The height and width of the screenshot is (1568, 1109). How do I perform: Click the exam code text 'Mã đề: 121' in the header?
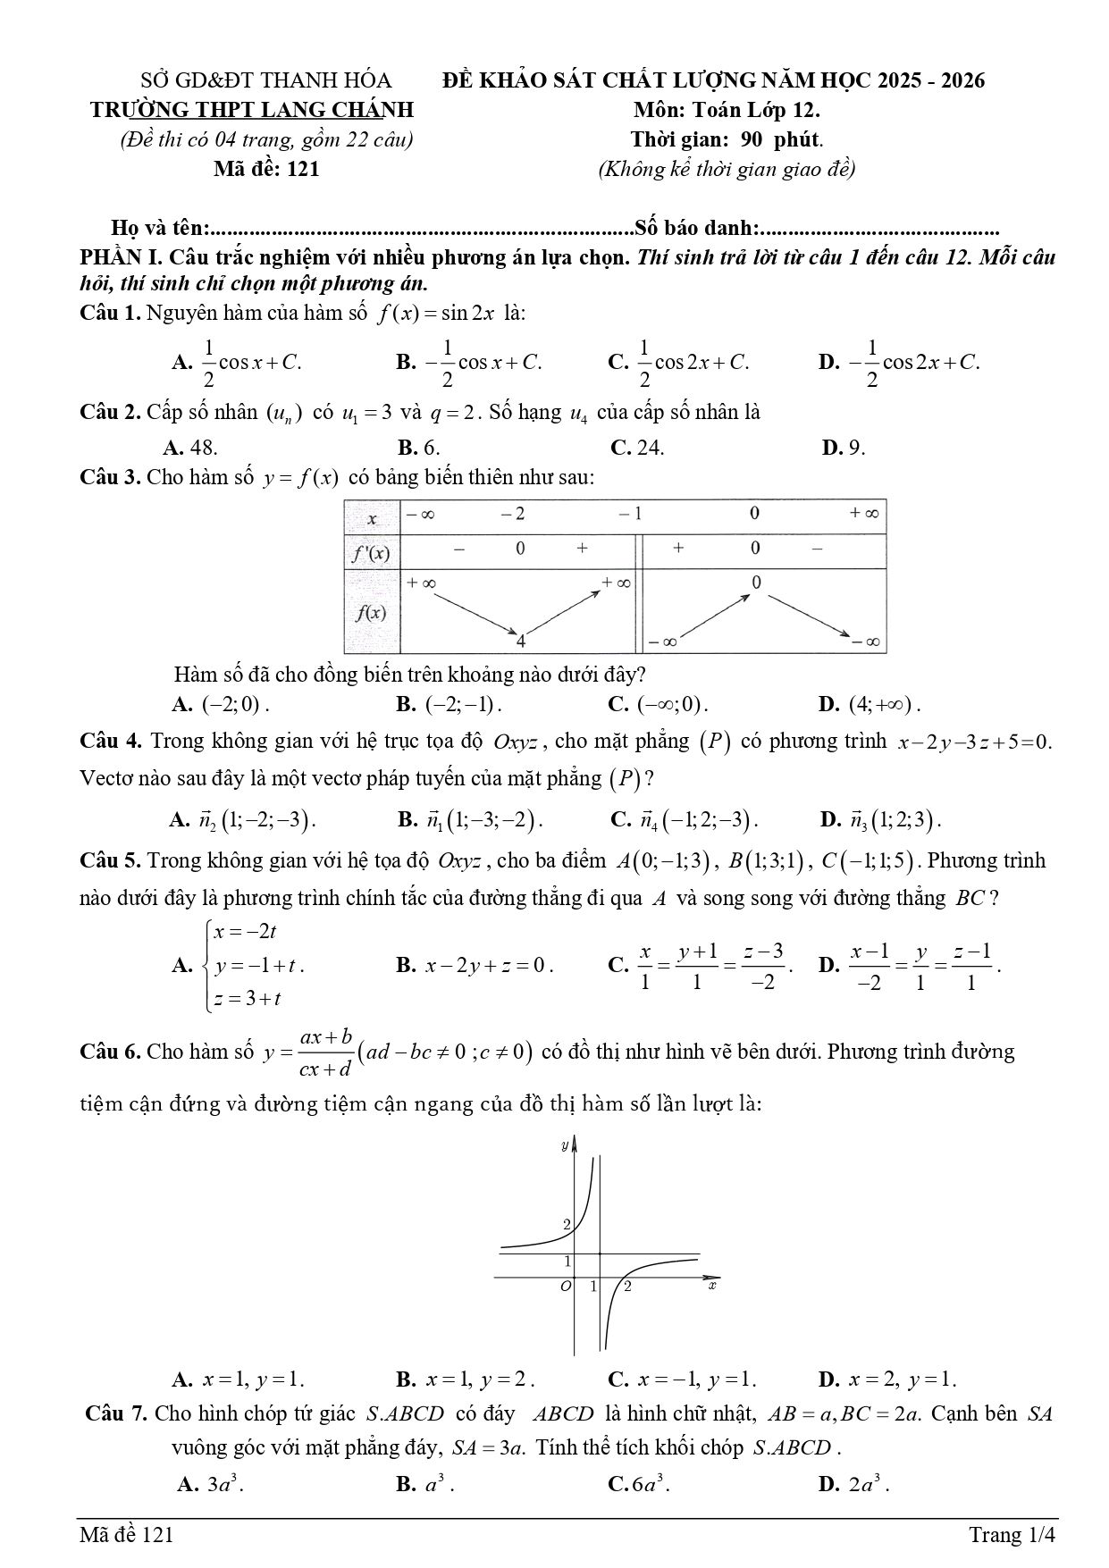coord(266,169)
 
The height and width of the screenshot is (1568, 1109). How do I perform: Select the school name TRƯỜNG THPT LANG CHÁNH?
coord(253,110)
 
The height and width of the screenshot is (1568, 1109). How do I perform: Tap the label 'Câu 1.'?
coord(110,314)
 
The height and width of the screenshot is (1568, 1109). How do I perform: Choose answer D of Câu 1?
coord(900,363)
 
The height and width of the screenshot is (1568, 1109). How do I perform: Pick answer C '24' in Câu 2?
coord(637,448)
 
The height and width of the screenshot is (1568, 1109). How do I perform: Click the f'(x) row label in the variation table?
coord(370,553)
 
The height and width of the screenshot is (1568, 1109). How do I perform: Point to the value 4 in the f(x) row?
coord(520,641)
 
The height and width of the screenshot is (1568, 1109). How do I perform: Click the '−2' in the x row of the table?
coord(513,514)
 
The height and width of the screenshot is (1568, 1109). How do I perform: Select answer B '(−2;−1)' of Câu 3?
coord(449,704)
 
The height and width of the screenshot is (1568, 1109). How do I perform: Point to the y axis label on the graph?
coord(564,1145)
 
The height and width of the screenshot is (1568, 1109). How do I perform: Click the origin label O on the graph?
coord(565,1287)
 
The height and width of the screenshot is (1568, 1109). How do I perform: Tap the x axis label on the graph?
coord(712,1286)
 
